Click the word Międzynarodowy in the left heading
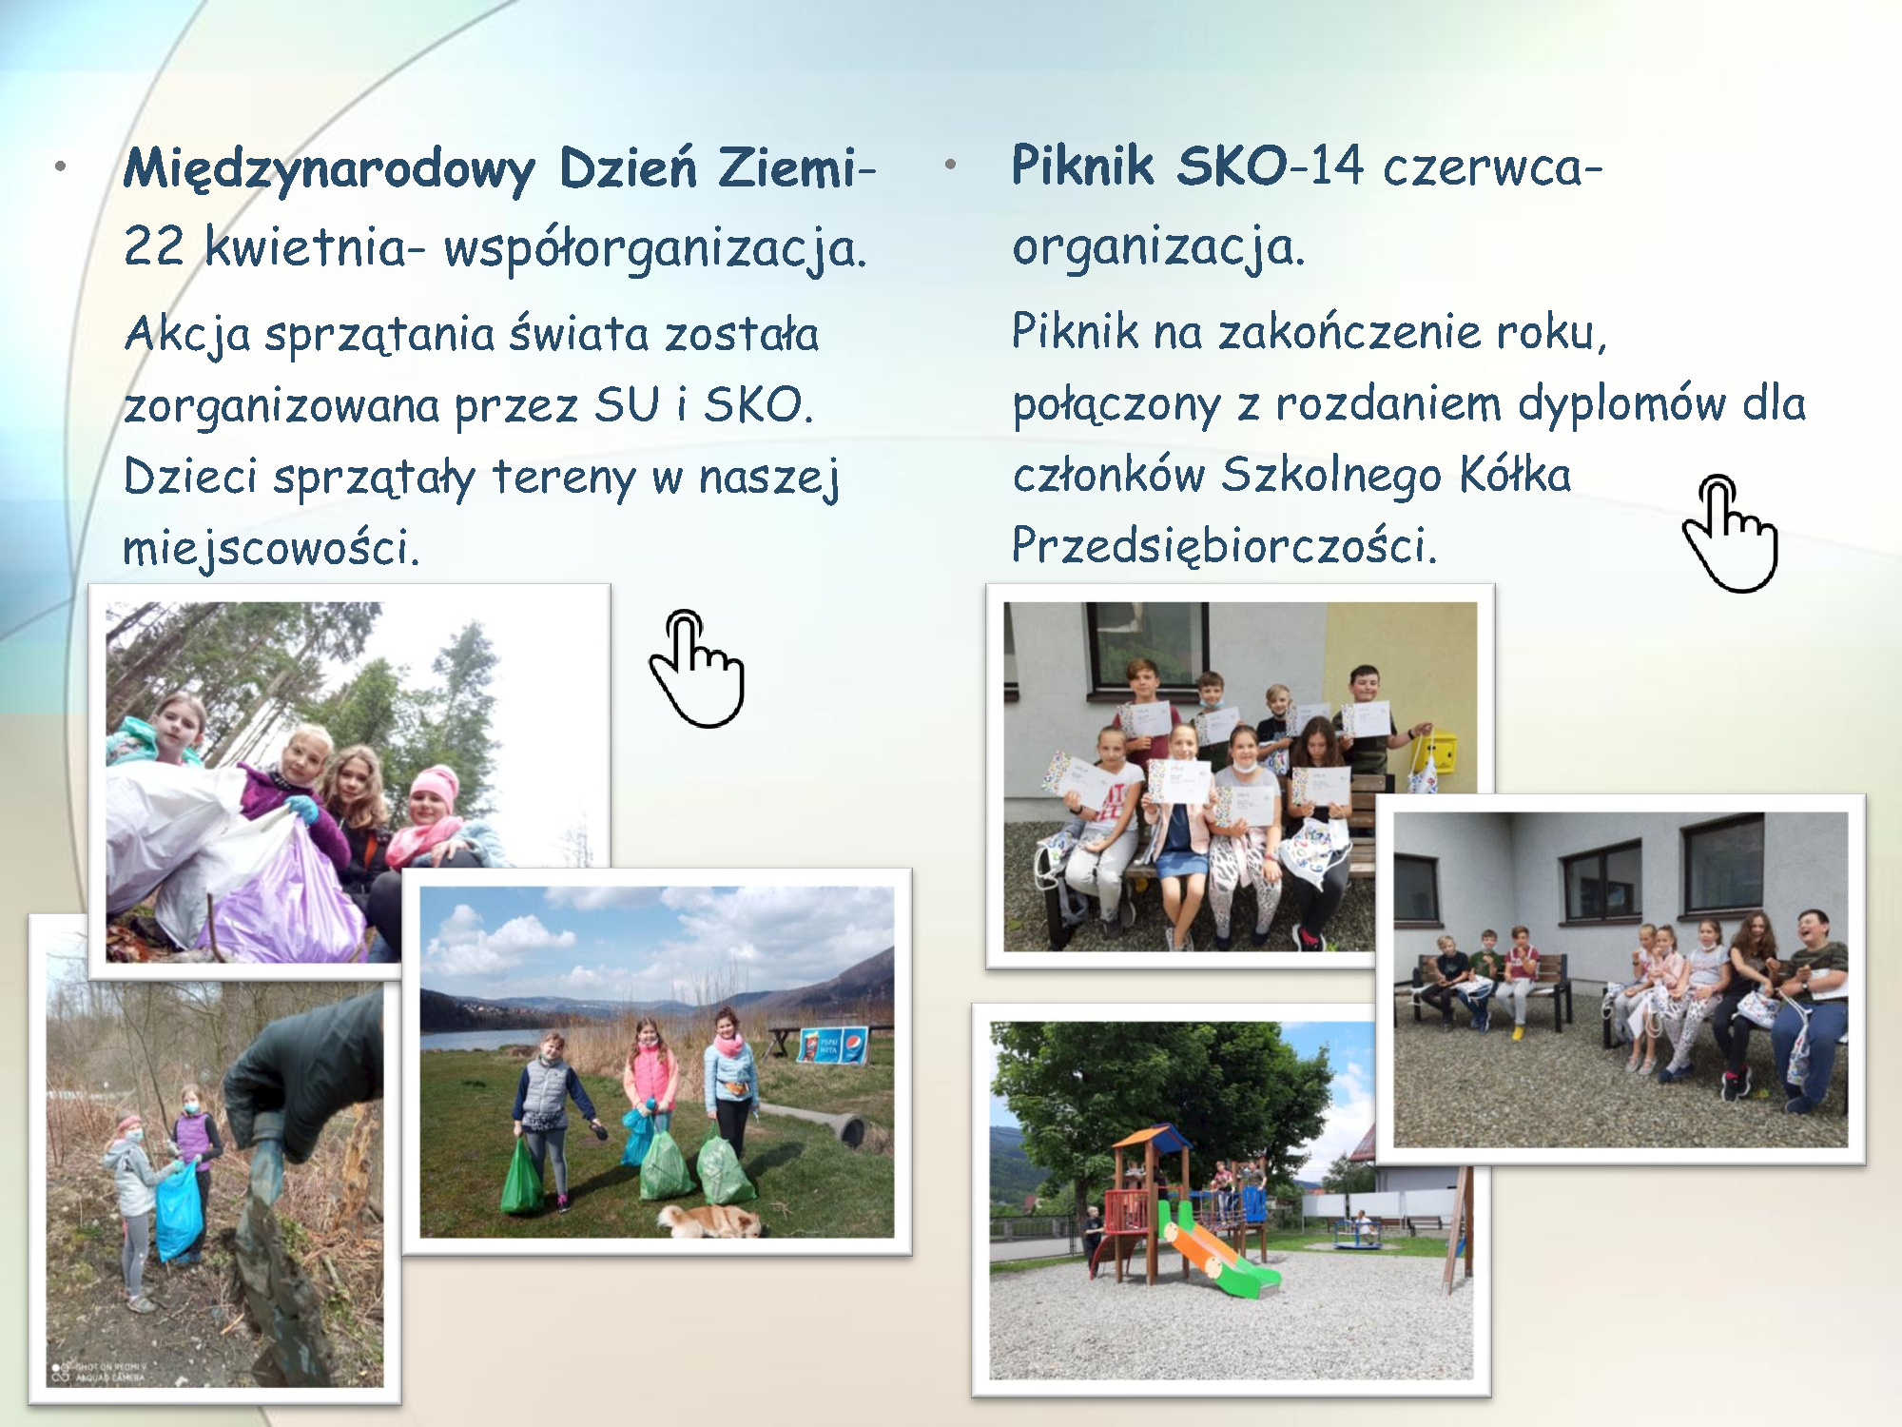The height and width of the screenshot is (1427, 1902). pyautogui.click(x=329, y=169)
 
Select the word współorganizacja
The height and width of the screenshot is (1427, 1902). pyautogui.click(x=655, y=249)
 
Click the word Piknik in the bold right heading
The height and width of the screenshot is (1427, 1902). pyautogui.click(x=1082, y=166)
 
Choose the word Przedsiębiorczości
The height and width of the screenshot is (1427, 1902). pyautogui.click(x=1224, y=546)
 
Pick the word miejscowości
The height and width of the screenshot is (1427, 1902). pyautogui.click(x=271, y=548)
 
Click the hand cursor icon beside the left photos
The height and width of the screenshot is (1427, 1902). pyautogui.click(x=696, y=668)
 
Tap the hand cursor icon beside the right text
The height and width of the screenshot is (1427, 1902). pyautogui.click(x=1729, y=533)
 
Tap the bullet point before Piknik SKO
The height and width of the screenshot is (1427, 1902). pyautogui.click(x=949, y=165)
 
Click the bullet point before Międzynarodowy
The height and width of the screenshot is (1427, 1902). pyautogui.click(x=61, y=167)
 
